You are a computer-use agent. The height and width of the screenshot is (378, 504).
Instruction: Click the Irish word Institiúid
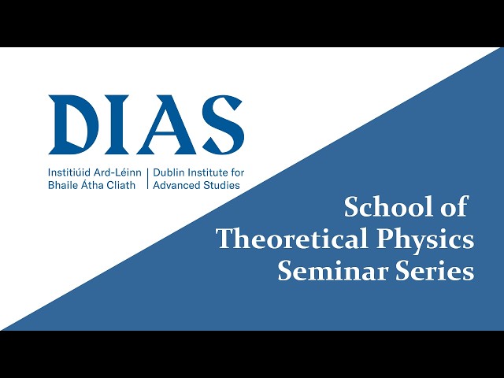tap(69, 172)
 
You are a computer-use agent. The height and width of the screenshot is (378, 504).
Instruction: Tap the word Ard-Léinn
tap(117, 172)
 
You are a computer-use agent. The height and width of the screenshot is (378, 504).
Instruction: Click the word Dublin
tap(169, 172)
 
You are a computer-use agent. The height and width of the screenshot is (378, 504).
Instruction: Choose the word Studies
tap(222, 186)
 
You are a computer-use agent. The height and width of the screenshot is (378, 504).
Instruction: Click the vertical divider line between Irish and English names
tap(147, 179)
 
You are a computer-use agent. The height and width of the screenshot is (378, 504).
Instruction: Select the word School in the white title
tap(388, 207)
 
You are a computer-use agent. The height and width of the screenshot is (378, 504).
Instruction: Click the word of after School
tap(454, 207)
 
